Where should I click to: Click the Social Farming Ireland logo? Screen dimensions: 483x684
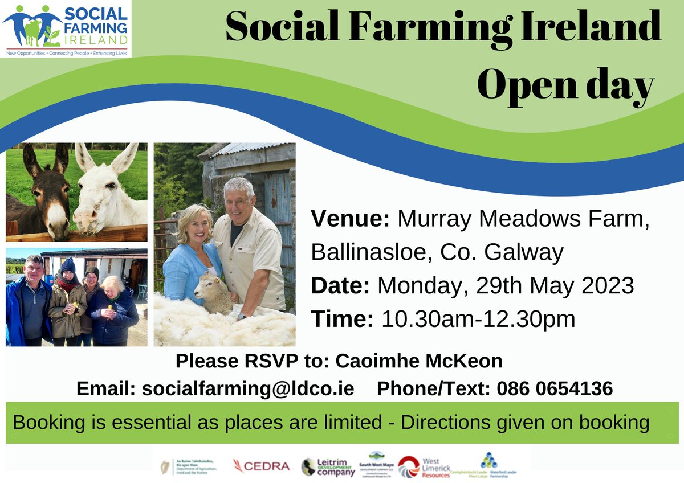pyautogui.click(x=66, y=28)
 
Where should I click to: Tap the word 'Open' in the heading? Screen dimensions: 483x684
pyautogui.click(x=528, y=87)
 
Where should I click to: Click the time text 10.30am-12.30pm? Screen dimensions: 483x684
pyautogui.click(x=478, y=319)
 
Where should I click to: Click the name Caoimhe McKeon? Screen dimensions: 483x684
pyautogui.click(x=419, y=361)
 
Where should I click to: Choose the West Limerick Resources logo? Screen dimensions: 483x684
pyautogui.click(x=424, y=466)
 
